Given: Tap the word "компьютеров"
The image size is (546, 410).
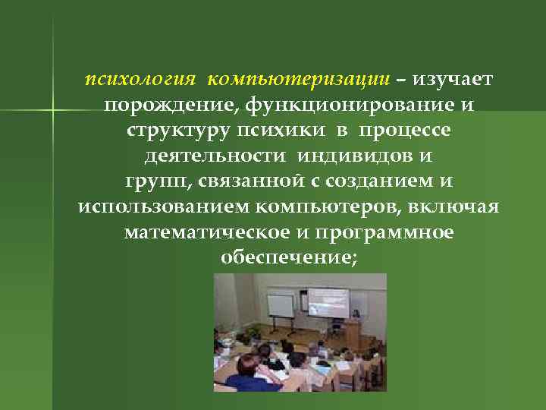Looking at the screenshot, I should pos(330,207).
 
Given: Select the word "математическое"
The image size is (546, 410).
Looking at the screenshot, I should pos(199,232).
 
